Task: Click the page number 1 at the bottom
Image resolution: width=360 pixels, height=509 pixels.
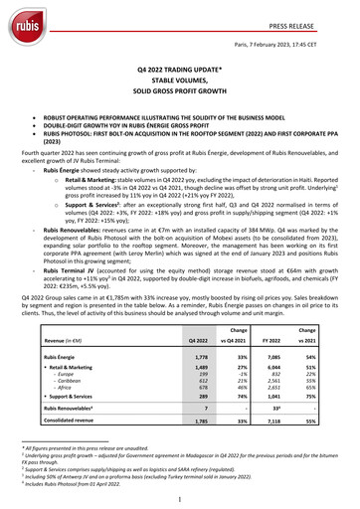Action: coord(180,496)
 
